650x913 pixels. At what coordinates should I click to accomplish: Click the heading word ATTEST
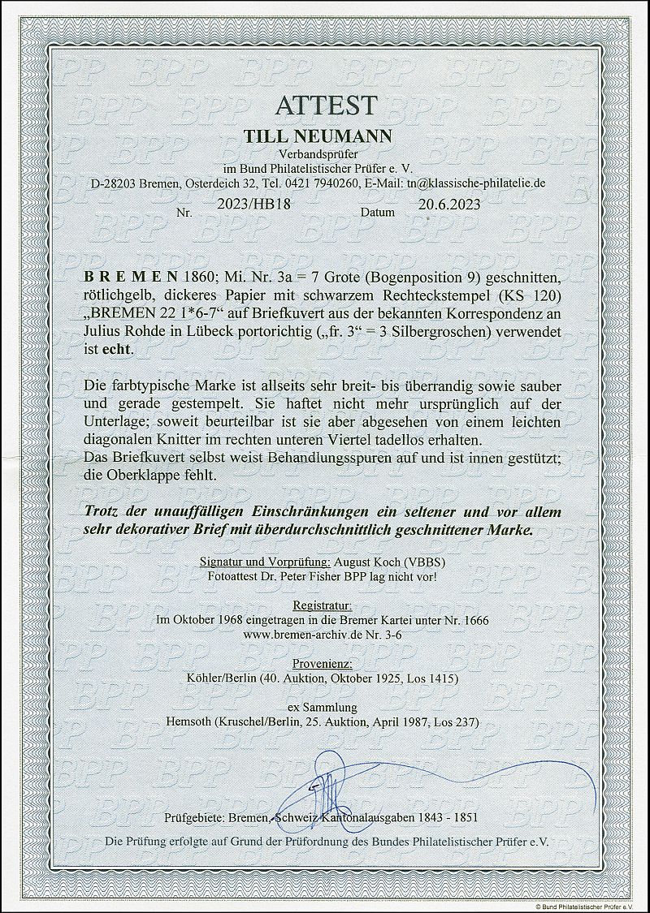point(325,105)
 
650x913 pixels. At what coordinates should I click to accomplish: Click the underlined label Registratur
point(325,605)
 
